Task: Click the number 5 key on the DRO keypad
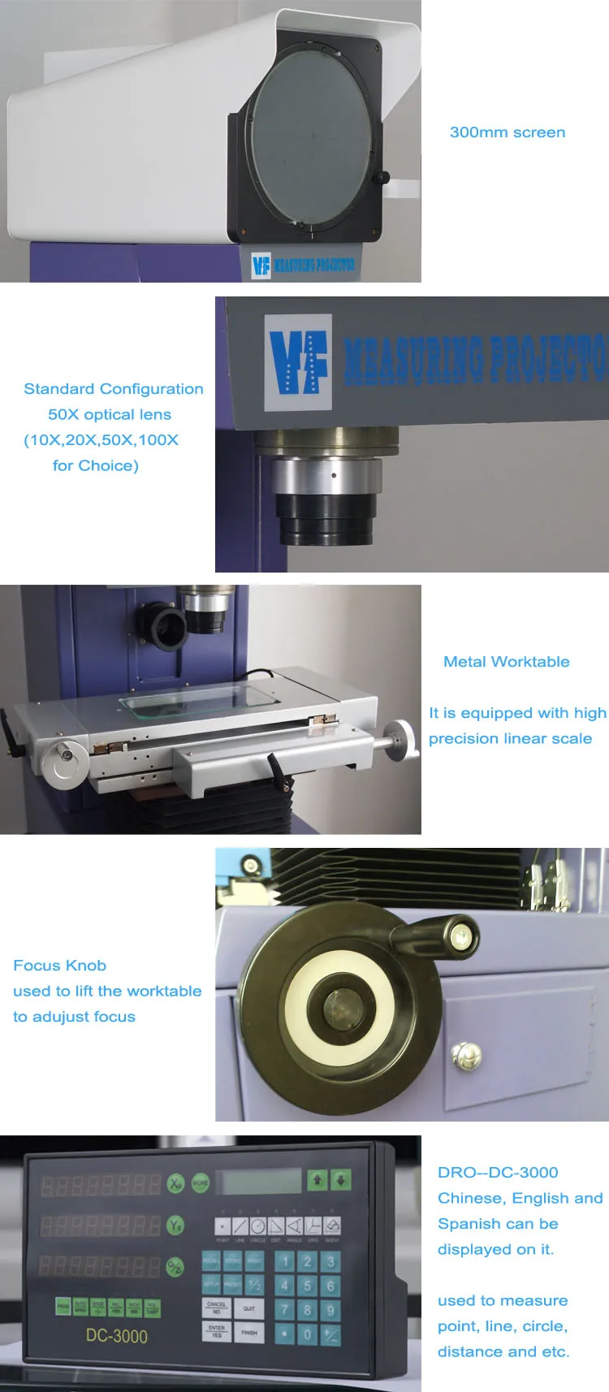307,1286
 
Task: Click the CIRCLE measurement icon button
258,1226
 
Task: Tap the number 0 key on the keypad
307,1334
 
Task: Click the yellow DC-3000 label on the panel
117,1336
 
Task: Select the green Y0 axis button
175,1225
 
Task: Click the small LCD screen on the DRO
261,1181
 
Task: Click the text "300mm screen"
508,132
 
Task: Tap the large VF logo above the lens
298,361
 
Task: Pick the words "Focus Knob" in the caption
59,966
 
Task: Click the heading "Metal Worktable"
506,662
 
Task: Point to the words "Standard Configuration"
114,389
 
